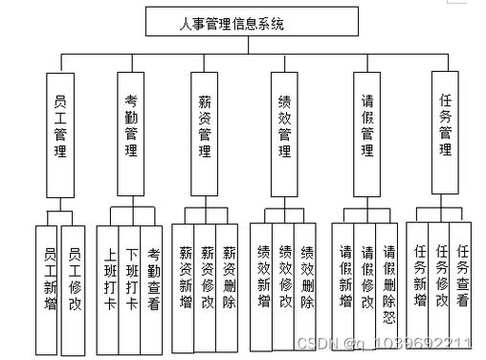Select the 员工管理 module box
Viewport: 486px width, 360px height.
coord(60,127)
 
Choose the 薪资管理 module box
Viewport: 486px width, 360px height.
coord(205,127)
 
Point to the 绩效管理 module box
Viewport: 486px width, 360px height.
coord(284,127)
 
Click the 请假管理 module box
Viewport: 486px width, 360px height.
coord(366,127)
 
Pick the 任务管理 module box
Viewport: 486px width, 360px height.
coord(445,127)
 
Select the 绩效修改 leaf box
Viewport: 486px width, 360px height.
coord(284,279)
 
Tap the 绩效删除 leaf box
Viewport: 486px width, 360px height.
coord(306,279)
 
